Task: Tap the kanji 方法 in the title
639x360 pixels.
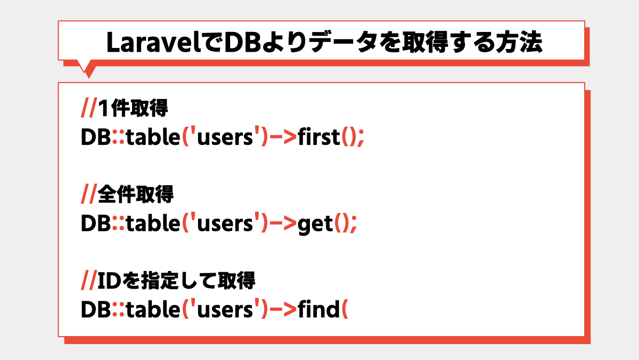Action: pyautogui.click(x=519, y=42)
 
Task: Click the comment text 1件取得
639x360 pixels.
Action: pyautogui.click(x=133, y=108)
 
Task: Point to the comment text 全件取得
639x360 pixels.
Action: pyautogui.click(x=135, y=194)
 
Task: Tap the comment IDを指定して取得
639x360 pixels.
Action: pyautogui.click(x=176, y=281)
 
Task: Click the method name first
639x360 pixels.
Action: pyautogui.click(x=319, y=137)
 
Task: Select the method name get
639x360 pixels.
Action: pyautogui.click(x=315, y=224)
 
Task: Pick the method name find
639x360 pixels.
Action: pyautogui.click(x=318, y=309)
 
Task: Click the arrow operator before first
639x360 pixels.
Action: pyautogui.click(x=283, y=137)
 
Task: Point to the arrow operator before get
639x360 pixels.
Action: pyautogui.click(x=283, y=223)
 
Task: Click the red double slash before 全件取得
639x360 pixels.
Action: pyautogui.click(x=89, y=194)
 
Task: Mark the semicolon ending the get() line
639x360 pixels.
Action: pyautogui.click(x=354, y=225)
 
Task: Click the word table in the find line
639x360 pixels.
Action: pyautogui.click(x=153, y=309)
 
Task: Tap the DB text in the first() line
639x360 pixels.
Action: pyautogui.click(x=96, y=137)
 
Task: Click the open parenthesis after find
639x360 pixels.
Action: pyautogui.click(x=345, y=309)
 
